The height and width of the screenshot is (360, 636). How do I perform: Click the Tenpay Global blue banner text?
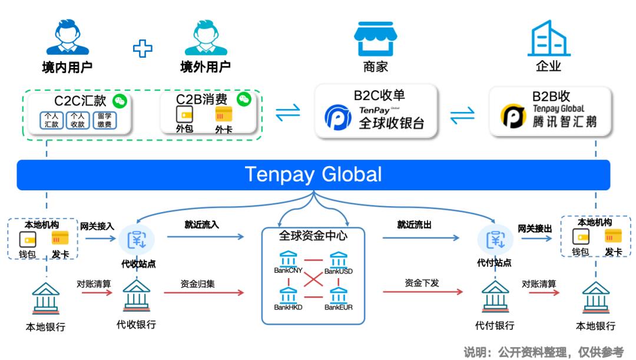[x=313, y=174]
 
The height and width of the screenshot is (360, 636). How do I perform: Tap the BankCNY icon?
[x=289, y=259]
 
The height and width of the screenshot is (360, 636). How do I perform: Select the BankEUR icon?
[x=339, y=295]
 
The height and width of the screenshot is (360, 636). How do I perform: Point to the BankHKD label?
[x=288, y=308]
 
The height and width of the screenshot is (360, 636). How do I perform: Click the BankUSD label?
[x=339, y=271]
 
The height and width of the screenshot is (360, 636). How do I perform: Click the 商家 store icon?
[x=376, y=39]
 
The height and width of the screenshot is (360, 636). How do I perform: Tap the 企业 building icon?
[x=548, y=38]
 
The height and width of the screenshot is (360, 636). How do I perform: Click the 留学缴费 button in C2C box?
[x=104, y=120]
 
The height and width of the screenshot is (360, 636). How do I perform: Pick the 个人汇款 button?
[x=51, y=120]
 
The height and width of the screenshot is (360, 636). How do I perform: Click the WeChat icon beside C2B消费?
[x=244, y=99]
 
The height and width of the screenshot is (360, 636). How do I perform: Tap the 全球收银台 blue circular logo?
[x=338, y=117]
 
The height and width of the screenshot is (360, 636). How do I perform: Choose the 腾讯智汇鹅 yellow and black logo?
[x=513, y=117]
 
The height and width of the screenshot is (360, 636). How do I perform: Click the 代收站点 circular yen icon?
[x=137, y=239]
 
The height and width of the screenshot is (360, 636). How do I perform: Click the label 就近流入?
[x=201, y=224]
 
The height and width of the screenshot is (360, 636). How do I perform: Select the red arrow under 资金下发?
[x=421, y=292]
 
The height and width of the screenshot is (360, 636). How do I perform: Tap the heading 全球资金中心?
[x=313, y=236]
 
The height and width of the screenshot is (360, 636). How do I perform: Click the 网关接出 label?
[x=535, y=228]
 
